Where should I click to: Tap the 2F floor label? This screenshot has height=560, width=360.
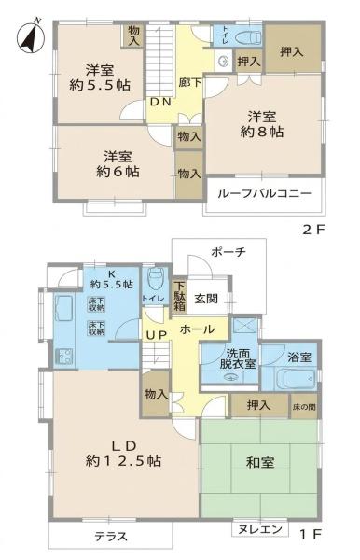314,230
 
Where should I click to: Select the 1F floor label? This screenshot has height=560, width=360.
311,534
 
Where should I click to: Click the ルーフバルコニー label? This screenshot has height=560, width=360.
264,194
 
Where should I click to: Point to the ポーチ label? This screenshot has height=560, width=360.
228,252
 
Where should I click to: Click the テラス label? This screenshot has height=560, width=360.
111,537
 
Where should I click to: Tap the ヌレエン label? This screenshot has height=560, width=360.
260,529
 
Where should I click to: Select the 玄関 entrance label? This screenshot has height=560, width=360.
206,299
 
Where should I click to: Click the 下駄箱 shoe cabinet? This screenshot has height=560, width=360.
179,296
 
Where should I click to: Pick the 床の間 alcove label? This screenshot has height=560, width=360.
304,406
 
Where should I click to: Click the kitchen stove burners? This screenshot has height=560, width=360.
63,357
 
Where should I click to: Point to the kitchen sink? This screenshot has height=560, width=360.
63,309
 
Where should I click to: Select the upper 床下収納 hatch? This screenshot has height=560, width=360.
96,304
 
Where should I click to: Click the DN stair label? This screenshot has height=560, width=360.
160,102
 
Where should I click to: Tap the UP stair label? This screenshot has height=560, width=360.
157,335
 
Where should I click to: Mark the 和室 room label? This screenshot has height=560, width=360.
260,463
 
